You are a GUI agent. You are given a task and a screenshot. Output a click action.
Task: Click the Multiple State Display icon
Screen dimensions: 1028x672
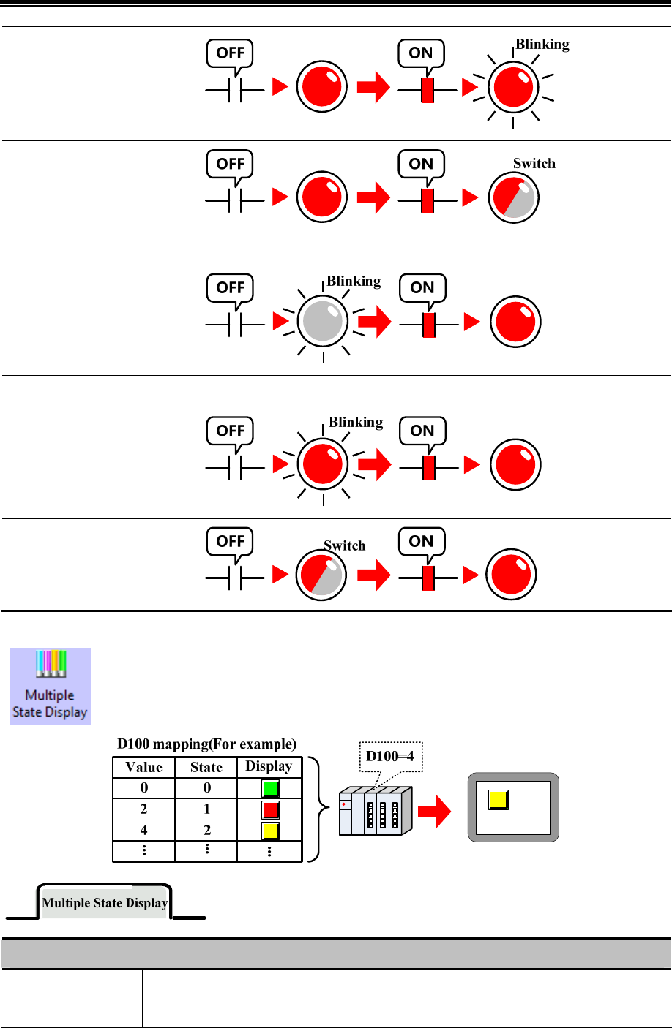tap(50, 685)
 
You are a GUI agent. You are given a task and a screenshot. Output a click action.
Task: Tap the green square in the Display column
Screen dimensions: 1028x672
tap(270, 789)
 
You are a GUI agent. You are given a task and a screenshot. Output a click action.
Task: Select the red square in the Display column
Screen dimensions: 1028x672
tap(270, 809)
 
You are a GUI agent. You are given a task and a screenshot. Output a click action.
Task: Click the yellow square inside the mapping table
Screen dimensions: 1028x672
tap(270, 831)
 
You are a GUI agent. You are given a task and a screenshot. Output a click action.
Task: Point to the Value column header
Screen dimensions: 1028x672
tap(144, 767)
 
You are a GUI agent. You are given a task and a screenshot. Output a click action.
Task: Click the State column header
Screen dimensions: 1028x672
tap(206, 767)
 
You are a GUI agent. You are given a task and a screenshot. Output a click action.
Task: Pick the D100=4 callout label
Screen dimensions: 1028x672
tap(390, 756)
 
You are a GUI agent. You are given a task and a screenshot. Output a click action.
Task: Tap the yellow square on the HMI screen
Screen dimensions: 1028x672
tap(499, 800)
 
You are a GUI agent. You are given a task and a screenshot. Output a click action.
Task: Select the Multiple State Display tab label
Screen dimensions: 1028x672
tap(105, 903)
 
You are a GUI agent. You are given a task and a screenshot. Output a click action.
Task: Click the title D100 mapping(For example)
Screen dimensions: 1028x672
tap(207, 744)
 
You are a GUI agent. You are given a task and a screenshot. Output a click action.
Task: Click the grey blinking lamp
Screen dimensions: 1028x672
tap(323, 321)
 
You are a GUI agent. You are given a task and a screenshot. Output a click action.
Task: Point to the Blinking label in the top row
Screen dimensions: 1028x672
tap(542, 44)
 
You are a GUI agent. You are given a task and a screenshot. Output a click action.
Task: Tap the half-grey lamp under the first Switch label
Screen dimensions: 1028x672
tap(514, 198)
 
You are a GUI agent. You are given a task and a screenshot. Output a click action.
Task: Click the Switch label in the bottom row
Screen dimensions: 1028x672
tap(345, 545)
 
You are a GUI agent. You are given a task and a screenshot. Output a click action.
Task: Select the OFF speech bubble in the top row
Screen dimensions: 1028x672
tap(231, 53)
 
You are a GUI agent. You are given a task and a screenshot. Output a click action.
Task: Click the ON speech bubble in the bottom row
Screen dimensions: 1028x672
tap(421, 541)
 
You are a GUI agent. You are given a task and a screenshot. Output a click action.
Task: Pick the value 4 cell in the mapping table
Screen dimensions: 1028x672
tap(144, 831)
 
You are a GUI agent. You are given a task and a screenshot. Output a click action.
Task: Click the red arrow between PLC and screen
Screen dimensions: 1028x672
tap(434, 812)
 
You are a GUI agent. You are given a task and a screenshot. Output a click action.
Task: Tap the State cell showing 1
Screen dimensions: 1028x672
tap(206, 809)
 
